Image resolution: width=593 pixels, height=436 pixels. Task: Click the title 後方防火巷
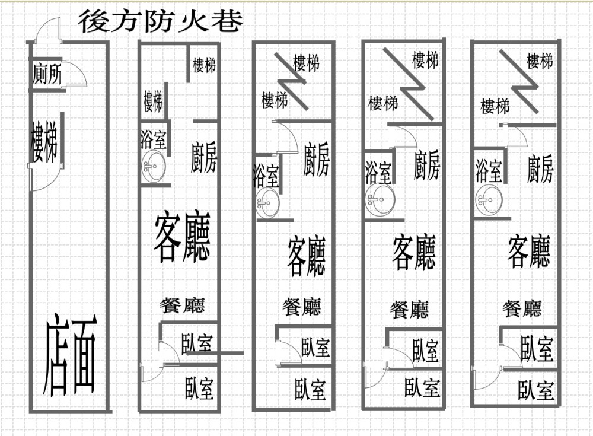160,21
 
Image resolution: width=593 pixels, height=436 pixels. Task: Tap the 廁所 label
47,74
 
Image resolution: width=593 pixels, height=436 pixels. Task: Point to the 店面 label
71,354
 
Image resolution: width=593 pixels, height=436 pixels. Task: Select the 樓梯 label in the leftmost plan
44,142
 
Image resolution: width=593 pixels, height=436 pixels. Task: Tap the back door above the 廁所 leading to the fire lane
47,31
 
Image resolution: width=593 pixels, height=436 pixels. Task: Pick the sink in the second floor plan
154,166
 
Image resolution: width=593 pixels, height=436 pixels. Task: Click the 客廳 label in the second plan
182,237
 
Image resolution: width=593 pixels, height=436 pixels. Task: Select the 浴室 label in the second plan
154,139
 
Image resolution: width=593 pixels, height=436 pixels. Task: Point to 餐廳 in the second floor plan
182,305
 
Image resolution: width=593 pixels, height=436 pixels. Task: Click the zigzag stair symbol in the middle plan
291,82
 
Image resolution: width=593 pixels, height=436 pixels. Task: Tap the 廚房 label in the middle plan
316,160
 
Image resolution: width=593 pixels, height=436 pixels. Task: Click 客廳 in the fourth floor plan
414,252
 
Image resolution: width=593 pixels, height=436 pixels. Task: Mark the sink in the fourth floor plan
381,199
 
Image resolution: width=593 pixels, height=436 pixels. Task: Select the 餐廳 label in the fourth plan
409,310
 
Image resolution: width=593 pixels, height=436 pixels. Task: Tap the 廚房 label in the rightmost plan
540,169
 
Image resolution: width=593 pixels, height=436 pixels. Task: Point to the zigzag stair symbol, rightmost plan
519,81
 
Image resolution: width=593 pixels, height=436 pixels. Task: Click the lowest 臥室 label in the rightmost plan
536,390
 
